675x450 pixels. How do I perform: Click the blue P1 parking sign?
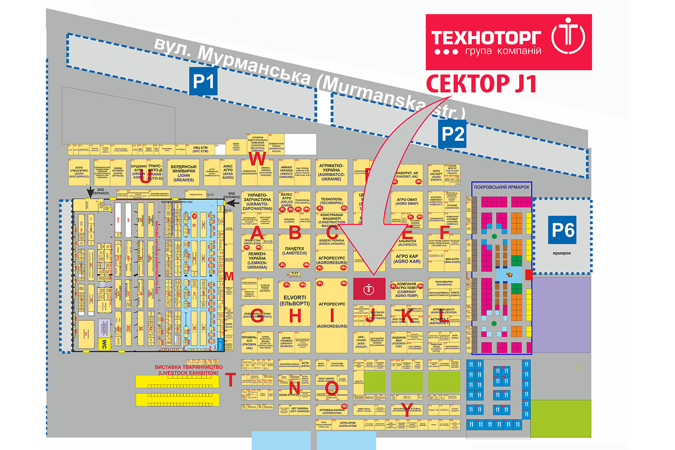pyautogui.click(x=203, y=81)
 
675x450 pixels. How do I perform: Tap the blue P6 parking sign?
pyautogui.click(x=563, y=230)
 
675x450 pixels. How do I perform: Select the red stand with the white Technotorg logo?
pyautogui.click(x=369, y=289)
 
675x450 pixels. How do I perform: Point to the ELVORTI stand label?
pyautogui.click(x=295, y=300)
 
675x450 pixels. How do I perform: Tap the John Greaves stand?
pyautogui.click(x=184, y=173)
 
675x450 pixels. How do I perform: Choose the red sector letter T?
pyautogui.click(x=230, y=380)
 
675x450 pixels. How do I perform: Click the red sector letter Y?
pyautogui.click(x=407, y=410)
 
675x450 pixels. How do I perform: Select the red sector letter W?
pyautogui.click(x=257, y=159)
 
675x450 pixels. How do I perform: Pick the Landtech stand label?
pyautogui.click(x=295, y=251)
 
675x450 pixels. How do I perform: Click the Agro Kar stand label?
pyautogui.click(x=407, y=259)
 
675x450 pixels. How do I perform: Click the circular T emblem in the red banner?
pyautogui.click(x=568, y=36)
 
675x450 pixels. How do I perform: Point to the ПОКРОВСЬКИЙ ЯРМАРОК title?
pyautogui.click(x=502, y=187)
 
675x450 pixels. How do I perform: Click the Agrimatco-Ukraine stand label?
pyautogui.click(x=332, y=173)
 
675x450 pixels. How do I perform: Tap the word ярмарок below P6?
pyautogui.click(x=562, y=253)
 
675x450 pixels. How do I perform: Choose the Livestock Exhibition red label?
pyautogui.click(x=189, y=370)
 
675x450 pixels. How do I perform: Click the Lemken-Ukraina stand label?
pyautogui.click(x=257, y=260)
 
